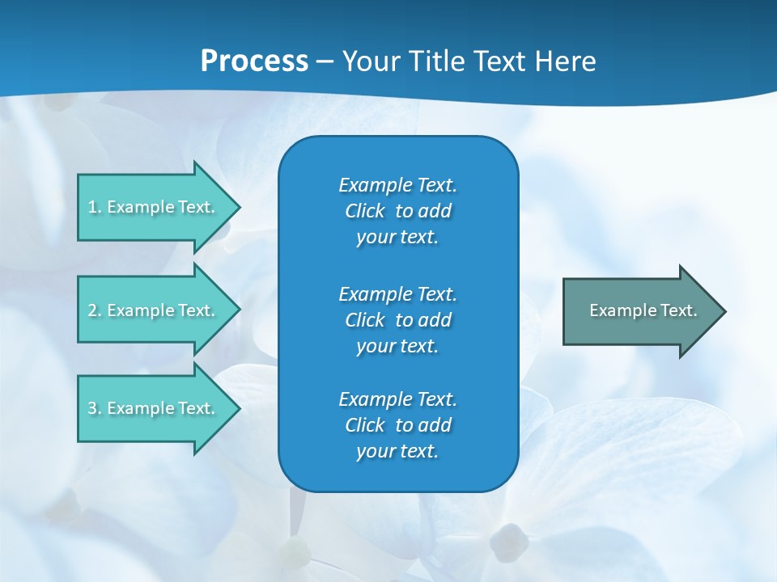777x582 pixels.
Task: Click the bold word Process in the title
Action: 254,61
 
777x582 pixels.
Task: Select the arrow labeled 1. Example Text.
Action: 154,207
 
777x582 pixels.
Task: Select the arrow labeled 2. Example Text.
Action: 154,310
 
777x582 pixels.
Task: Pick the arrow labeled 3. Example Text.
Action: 154,408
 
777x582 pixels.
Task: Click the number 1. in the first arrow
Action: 95,207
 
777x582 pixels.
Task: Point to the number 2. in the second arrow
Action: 95,310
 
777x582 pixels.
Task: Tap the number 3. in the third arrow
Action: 95,408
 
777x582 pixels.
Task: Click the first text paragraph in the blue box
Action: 397,211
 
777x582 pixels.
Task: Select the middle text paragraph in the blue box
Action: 397,319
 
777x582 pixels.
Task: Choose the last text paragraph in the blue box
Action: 397,425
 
